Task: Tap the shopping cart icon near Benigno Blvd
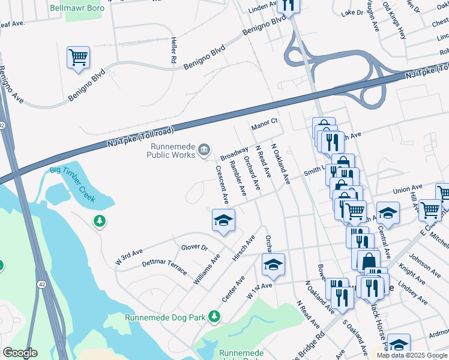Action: coord(78,58)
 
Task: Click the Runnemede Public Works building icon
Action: coord(205,149)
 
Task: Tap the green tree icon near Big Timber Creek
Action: coord(99,222)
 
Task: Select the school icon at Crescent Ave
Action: coord(223,221)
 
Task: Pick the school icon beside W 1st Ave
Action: coord(273,265)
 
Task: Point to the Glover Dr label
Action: coord(194,247)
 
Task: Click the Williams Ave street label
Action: coord(207,269)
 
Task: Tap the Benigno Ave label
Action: coord(11,84)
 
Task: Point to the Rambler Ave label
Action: coord(238,179)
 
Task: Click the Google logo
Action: coord(20,353)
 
